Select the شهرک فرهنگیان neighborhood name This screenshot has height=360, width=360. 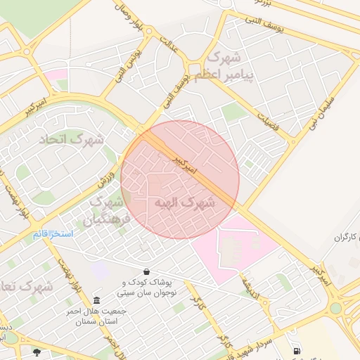[109, 211]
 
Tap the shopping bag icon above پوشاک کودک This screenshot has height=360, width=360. [146, 271]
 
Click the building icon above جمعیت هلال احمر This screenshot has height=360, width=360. [97, 300]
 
